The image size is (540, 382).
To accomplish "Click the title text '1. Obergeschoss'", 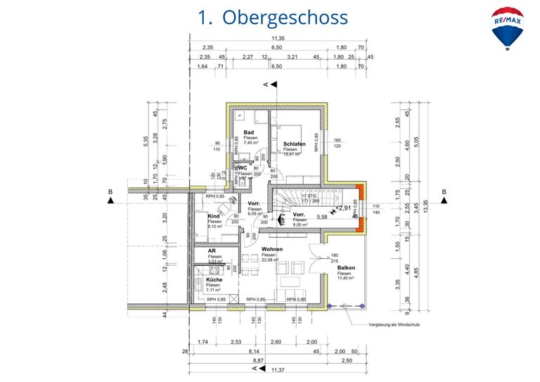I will [x=274, y=17].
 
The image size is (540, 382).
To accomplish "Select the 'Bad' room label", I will [x=249, y=132].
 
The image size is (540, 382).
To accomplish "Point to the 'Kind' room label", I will [x=214, y=216].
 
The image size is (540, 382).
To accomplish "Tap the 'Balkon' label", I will [x=345, y=267].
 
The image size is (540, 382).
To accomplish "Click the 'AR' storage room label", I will [x=212, y=250].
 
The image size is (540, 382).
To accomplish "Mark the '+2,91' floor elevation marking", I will [x=344, y=208].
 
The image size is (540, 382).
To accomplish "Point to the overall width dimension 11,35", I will [x=278, y=38].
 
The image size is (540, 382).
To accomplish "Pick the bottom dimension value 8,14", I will [x=255, y=352].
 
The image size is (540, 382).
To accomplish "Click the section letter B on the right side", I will [x=444, y=192].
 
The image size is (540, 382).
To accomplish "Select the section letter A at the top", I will [x=266, y=84].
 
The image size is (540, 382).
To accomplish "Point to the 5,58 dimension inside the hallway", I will [x=323, y=217].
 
